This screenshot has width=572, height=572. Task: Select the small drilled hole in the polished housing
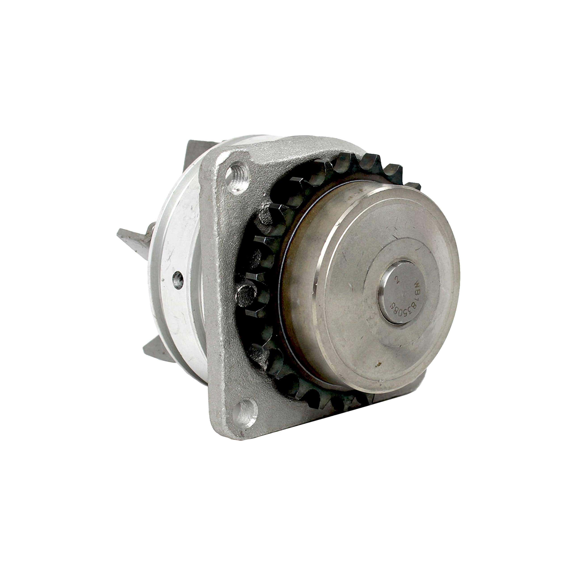(x=178, y=280)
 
